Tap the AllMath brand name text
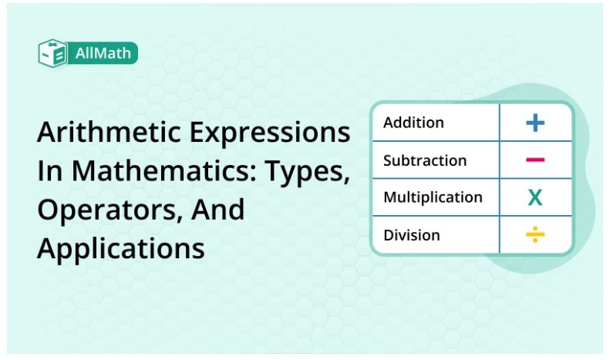tap(105, 53)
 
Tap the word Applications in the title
tap(120, 248)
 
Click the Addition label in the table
tap(413, 123)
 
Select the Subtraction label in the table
tap(425, 160)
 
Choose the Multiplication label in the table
tap(433, 197)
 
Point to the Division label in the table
tap(412, 235)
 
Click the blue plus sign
tap(535, 123)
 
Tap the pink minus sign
tap(535, 160)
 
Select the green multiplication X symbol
tap(535, 198)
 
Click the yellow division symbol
tap(535, 235)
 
